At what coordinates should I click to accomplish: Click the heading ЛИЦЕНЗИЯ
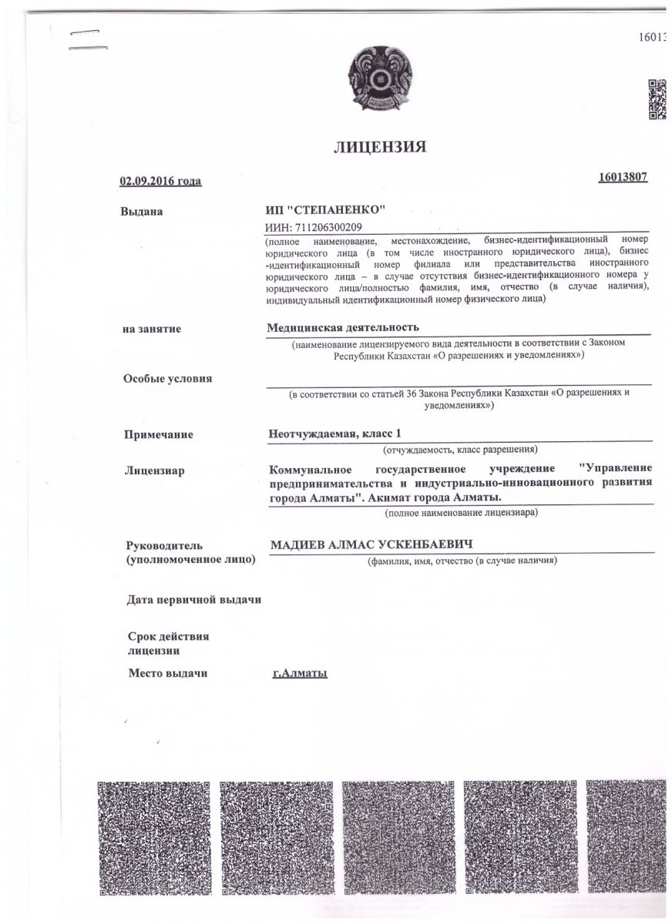pos(379,147)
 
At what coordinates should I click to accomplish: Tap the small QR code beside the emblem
pos(656,100)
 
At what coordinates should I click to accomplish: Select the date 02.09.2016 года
pos(160,181)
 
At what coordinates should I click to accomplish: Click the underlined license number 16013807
pos(622,177)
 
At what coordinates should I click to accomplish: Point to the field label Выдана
pos(142,210)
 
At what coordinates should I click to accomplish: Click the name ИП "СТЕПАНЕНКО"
pos(324,209)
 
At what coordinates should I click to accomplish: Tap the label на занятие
pos(152,329)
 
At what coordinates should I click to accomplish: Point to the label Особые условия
pos(168,378)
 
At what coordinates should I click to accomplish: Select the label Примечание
pos(158,434)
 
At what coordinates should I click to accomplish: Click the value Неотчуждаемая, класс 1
pos(335,434)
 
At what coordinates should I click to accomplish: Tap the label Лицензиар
pos(154,470)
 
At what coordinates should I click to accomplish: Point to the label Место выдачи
pos(167,674)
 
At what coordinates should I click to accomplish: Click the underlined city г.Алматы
pos(301,674)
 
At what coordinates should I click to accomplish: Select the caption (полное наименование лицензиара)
pos(462,512)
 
